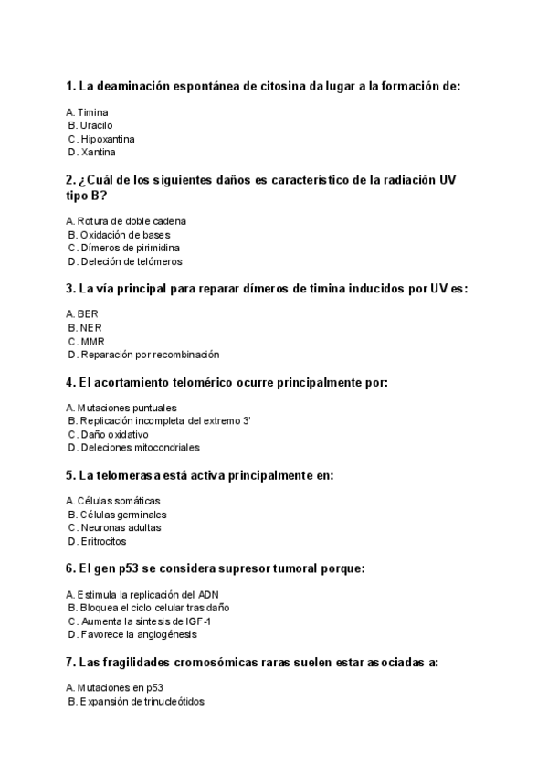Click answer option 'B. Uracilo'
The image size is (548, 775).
tap(90, 125)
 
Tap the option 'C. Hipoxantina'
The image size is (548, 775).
tap(101, 139)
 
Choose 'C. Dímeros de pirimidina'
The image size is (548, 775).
tap(123, 248)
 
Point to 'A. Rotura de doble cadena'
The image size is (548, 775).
tap(126, 221)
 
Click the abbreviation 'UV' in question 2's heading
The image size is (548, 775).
tap(447, 180)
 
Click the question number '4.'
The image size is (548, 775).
tap(70, 382)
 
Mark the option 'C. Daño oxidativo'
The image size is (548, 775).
tap(108, 435)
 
